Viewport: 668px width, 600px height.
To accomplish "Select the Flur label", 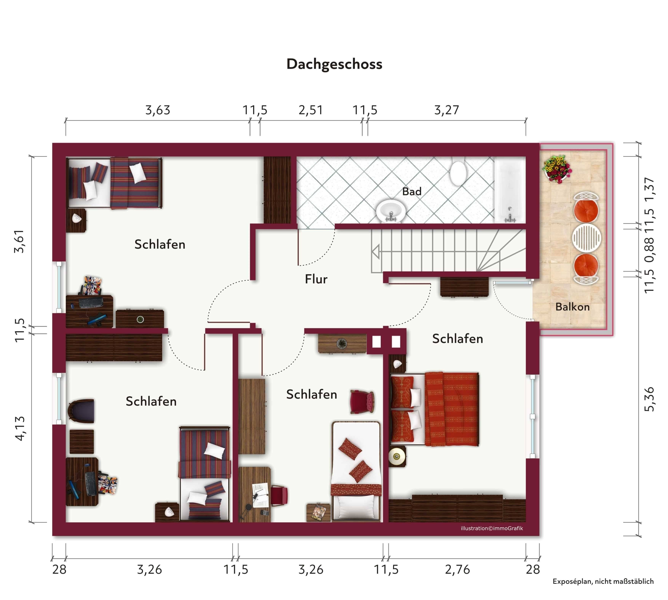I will click(x=316, y=279).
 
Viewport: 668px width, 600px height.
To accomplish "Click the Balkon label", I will click(x=572, y=307).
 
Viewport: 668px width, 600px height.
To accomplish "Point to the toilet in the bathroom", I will click(x=459, y=172).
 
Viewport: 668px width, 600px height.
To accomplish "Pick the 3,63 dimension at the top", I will click(x=158, y=110).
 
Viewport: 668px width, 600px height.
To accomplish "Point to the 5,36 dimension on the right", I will click(x=649, y=399).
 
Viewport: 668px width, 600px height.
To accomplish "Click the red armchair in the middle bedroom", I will click(x=362, y=401).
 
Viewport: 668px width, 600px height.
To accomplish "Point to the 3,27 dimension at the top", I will click(x=446, y=110).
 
